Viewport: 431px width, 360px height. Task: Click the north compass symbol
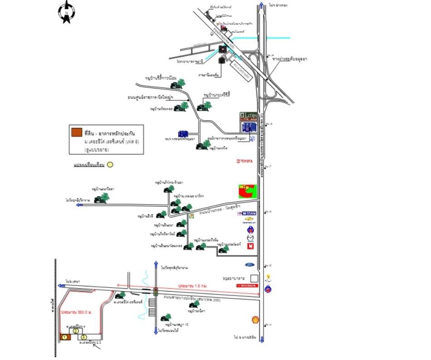click(x=66, y=12)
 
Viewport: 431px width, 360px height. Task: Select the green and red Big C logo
click(x=247, y=191)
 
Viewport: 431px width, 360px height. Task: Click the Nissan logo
click(x=249, y=213)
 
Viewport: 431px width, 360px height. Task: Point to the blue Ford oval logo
click(x=251, y=265)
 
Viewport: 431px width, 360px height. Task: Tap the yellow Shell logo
click(x=255, y=320)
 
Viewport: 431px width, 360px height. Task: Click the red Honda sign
click(x=248, y=287)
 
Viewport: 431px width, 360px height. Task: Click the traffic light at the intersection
click(x=155, y=292)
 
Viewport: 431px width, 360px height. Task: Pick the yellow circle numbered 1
click(x=65, y=337)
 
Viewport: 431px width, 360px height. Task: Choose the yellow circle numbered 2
click(x=76, y=331)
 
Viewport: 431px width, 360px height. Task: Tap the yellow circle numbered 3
click(x=84, y=337)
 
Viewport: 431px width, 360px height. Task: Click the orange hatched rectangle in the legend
click(x=77, y=132)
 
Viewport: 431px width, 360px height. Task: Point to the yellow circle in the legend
click(x=110, y=165)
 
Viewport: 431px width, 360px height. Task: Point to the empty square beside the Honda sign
click(x=254, y=277)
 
